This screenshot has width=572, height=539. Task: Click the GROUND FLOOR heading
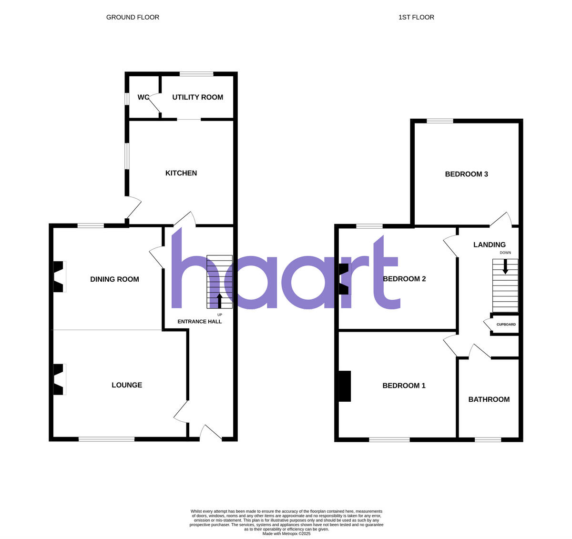[133, 17]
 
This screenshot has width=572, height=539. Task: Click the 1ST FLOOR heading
[416, 17]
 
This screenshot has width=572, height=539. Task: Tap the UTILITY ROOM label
[197, 97]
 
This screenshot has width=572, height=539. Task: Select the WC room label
[143, 97]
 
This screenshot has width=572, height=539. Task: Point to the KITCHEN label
[181, 173]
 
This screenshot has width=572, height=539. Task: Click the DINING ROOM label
[114, 279]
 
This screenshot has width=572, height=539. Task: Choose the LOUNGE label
[127, 385]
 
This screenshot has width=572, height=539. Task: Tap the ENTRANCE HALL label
[199, 322]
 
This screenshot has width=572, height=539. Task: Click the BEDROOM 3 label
[466, 174]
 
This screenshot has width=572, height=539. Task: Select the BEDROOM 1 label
[404, 386]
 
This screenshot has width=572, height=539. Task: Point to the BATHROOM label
[489, 399]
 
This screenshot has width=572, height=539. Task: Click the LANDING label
[489, 244]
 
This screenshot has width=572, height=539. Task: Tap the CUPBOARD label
[506, 325]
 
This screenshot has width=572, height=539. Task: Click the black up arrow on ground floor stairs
[219, 301]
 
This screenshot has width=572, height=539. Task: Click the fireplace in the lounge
[58, 379]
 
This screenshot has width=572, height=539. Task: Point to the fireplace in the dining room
[58, 276]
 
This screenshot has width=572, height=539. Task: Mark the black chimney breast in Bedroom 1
[345, 386]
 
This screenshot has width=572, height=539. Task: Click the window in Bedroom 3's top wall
[439, 121]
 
